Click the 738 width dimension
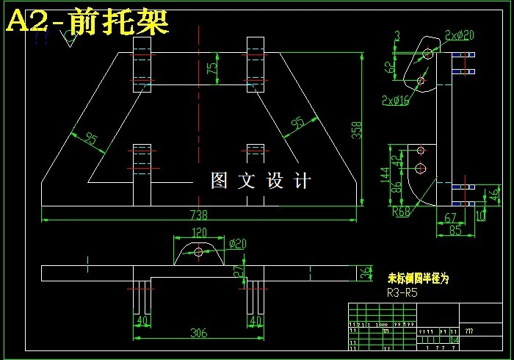198,215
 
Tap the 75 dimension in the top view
212,68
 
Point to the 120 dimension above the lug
198,233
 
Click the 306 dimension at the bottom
198,332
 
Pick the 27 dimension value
237,270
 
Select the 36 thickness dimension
365,273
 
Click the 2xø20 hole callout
460,35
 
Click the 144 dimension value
383,174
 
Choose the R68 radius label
402,212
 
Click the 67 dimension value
450,218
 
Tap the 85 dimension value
455,230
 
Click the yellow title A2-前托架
87,22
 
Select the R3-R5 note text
402,292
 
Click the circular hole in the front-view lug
198,251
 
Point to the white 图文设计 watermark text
261,181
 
